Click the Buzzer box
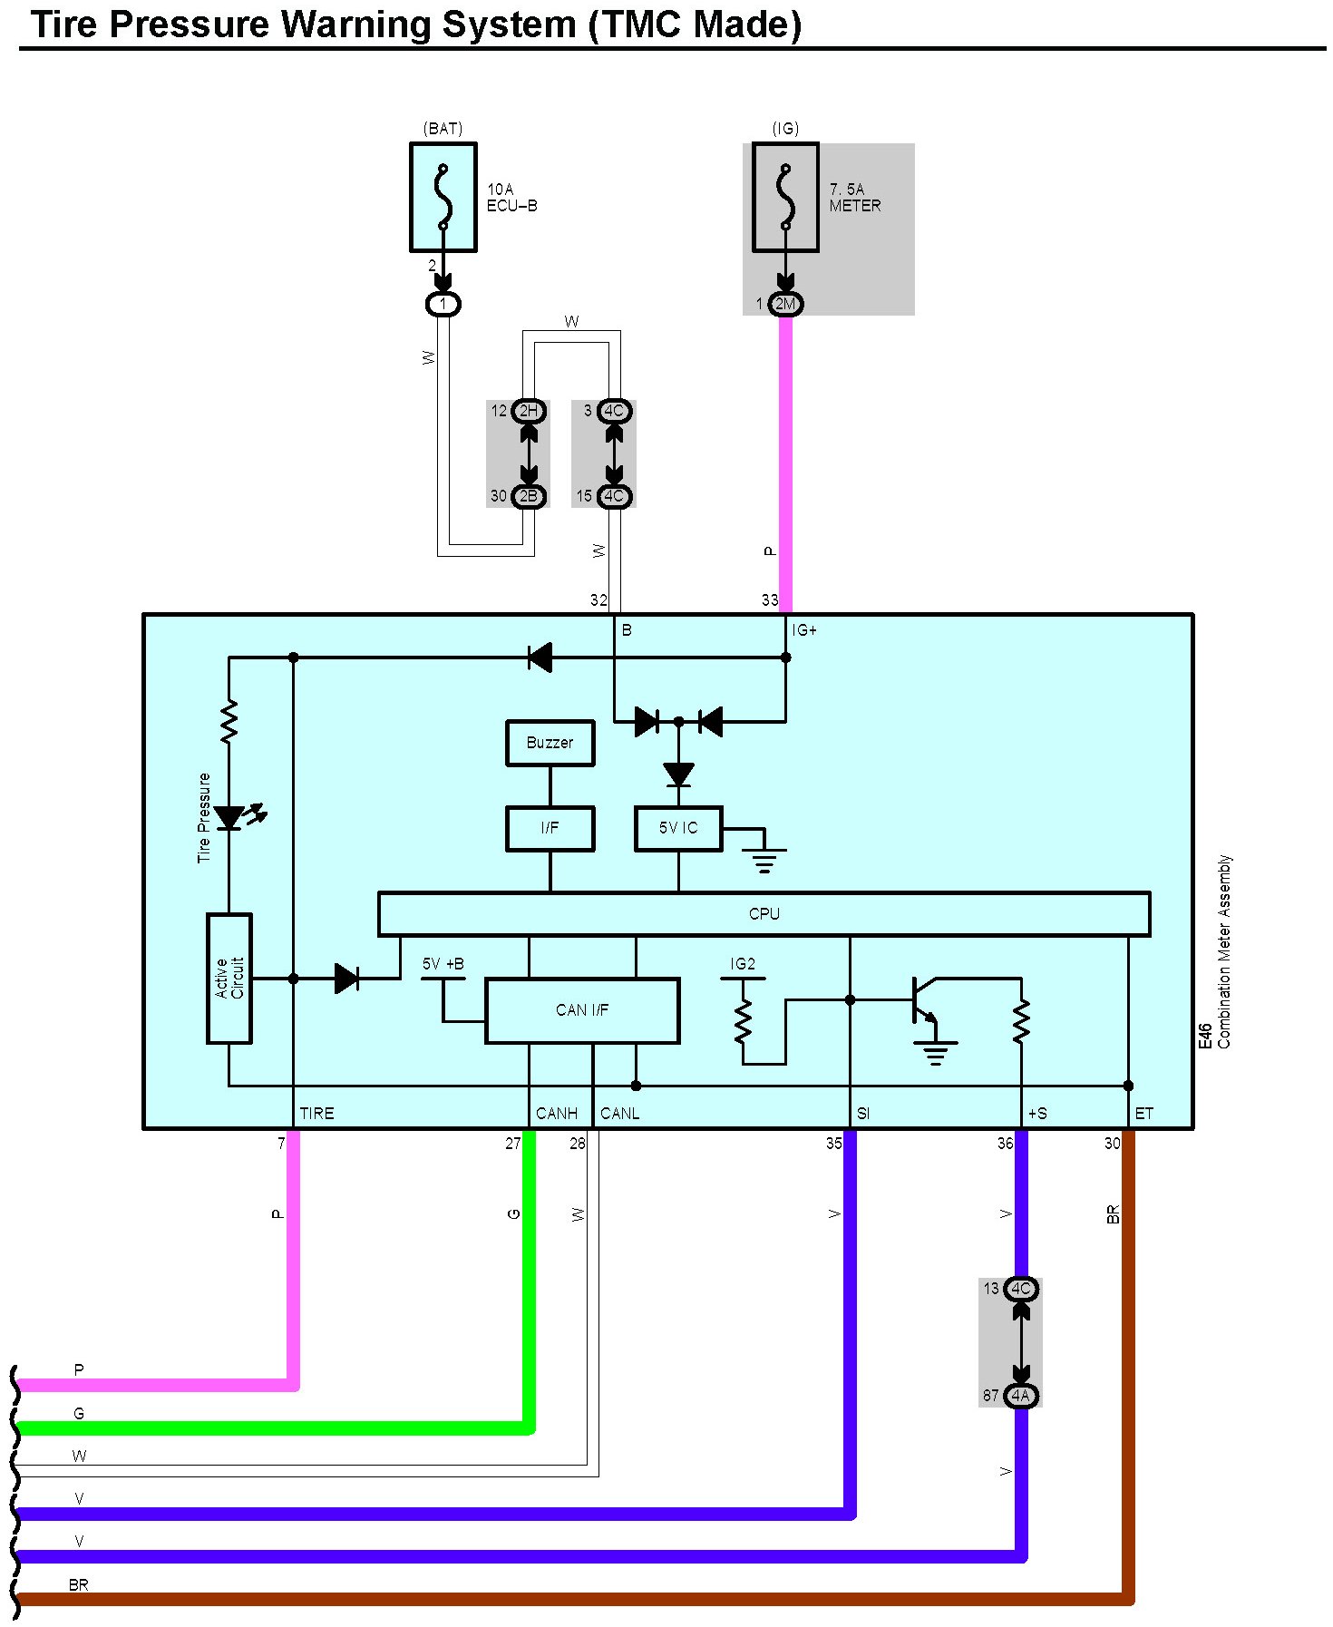tap(550, 743)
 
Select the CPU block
tap(764, 913)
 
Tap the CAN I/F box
tap(582, 1010)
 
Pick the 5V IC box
tap(678, 828)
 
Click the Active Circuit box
tap(229, 978)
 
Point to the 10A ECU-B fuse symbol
tap(443, 197)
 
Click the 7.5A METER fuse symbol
tap(785, 197)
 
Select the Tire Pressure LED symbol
tap(231, 817)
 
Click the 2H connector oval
tap(529, 411)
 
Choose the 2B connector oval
tap(529, 496)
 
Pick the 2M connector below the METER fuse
tap(785, 304)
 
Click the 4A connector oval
tap(1021, 1396)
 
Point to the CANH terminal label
tap(556, 1114)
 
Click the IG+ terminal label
tap(804, 630)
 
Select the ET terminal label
tap(1143, 1114)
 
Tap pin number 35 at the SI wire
tap(833, 1144)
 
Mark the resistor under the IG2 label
tap(744, 1020)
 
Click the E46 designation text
tap(1205, 1037)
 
